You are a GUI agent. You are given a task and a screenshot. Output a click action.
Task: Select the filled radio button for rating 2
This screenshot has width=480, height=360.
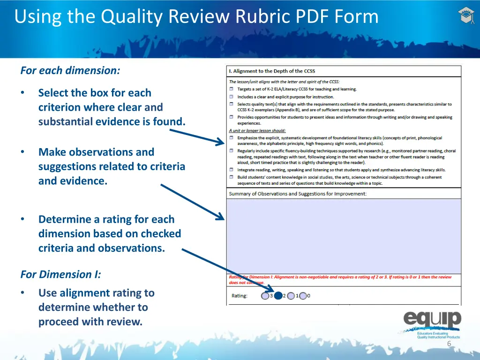tap(278, 296)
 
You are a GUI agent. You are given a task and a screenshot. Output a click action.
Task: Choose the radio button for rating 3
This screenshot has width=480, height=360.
tap(265, 296)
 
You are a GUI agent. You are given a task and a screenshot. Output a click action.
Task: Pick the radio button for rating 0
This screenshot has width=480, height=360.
tap(303, 296)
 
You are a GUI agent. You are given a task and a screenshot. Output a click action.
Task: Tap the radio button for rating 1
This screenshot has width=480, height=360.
tap(291, 296)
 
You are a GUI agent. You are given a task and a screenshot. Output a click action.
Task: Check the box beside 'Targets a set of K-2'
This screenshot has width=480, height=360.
tap(232, 89)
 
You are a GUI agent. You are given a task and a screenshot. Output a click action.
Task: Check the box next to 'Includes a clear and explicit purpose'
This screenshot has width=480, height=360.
tap(232, 97)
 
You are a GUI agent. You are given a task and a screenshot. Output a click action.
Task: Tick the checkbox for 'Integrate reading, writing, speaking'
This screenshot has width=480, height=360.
tap(232, 170)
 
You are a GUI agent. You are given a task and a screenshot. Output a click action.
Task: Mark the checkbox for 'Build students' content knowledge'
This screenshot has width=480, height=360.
tap(232, 178)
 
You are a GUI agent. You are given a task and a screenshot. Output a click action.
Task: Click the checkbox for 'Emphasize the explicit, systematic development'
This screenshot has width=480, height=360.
tap(232, 138)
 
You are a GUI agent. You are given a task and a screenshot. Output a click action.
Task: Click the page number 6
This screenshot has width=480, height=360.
tap(449, 344)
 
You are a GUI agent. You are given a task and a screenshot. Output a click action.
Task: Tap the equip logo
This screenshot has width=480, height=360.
tap(432, 321)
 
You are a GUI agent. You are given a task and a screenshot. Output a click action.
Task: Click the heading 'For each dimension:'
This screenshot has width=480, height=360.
tap(70, 71)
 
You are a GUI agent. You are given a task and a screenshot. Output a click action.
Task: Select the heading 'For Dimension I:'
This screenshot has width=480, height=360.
tap(60, 274)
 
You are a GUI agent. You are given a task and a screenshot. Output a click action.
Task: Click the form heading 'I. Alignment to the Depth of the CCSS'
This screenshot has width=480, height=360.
tap(272, 71)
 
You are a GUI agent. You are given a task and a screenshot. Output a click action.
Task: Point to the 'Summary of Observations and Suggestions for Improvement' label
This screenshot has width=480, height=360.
tap(298, 194)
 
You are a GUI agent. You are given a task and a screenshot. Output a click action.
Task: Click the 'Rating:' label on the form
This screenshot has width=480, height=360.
tap(240, 296)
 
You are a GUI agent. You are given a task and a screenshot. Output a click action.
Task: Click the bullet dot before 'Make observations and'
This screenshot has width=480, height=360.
tap(22, 152)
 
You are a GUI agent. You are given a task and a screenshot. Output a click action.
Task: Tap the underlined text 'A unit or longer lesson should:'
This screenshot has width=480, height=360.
tap(257, 131)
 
